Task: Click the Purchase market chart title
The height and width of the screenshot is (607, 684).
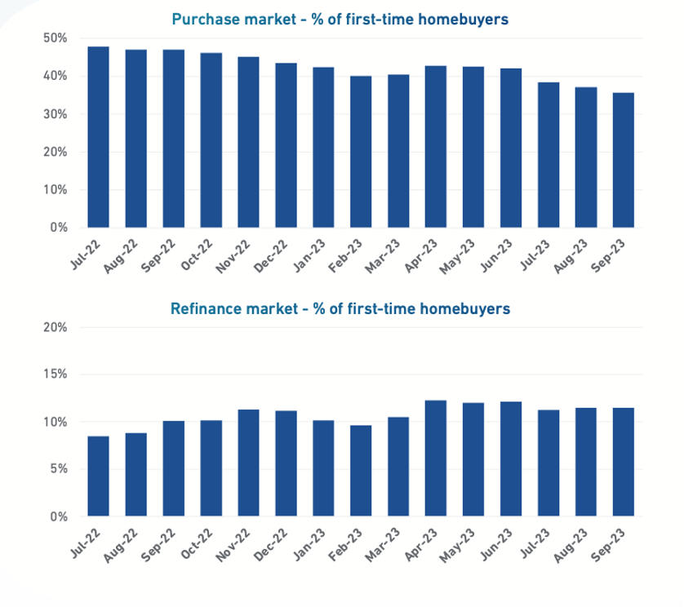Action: [x=340, y=19]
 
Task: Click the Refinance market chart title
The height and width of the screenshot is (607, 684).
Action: [x=340, y=308]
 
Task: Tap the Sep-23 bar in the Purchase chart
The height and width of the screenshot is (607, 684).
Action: [x=624, y=160]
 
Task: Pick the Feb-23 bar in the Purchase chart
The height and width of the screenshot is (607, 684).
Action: [x=361, y=152]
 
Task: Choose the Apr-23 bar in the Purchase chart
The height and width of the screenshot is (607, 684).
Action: [x=436, y=147]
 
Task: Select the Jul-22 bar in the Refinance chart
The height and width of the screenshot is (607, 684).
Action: [x=98, y=476]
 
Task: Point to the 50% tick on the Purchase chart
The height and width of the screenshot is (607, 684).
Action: [x=56, y=38]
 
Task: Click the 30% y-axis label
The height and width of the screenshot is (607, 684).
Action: [x=56, y=114]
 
